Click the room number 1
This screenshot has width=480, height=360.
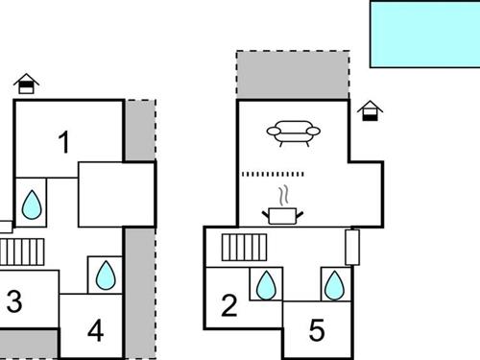pos(64,144)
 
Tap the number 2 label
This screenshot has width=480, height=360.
pos(228,306)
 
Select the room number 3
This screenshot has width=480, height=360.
pos(13,301)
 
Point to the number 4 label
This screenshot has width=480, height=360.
pos(94,330)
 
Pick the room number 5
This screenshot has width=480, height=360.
pos(317,330)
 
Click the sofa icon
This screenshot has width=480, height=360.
pos(292,132)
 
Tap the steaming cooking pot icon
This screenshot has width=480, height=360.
pos(282,210)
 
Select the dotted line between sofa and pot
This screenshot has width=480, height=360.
pos(273,175)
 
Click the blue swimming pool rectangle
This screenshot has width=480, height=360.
pos(424,34)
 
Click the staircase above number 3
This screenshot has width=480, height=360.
pos(22,252)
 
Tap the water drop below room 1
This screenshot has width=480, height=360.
pos(32,203)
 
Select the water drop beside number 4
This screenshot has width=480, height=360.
pos(106,276)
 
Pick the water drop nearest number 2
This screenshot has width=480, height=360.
pos(266,285)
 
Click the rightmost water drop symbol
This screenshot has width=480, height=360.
pos(334,285)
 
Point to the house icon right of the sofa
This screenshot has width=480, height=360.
pos(370,111)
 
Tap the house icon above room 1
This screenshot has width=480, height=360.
pos(28,84)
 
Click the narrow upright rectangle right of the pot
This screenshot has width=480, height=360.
pos(352,246)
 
